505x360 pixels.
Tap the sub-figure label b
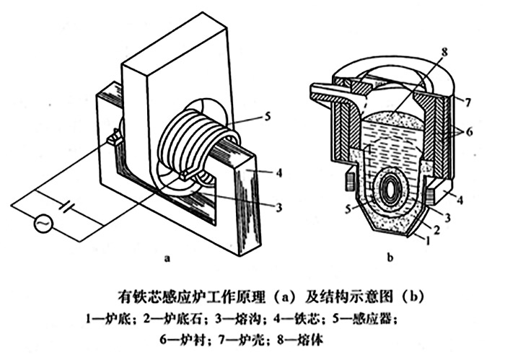click(x=390, y=255)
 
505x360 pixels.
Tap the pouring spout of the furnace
click(x=325, y=92)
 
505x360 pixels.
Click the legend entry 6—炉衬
click(x=157, y=336)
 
